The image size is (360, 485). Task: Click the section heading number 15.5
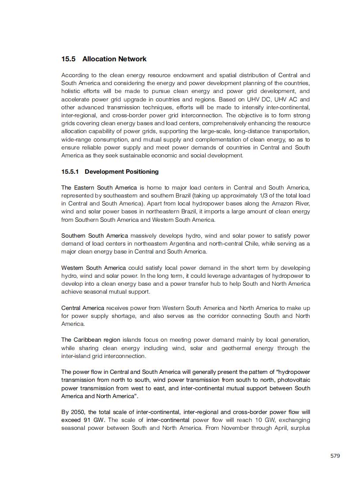tap(69, 59)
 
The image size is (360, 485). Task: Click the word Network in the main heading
tap(131, 59)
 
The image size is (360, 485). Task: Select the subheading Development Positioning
tap(121, 172)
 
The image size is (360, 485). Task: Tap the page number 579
tap(335, 456)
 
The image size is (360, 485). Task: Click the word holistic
tap(71, 91)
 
